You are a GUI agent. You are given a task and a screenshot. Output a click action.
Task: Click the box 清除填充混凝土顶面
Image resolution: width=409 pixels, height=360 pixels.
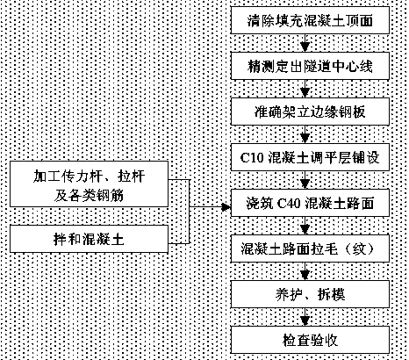310,20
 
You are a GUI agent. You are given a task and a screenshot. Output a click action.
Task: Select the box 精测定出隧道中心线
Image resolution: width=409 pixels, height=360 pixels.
310,66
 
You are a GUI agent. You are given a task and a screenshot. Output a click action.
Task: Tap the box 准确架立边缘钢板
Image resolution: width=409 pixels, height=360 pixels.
310,112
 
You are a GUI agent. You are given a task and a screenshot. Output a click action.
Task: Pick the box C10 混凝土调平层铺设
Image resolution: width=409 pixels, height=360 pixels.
310,157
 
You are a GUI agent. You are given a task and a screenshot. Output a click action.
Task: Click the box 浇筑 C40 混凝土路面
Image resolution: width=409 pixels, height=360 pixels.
310,203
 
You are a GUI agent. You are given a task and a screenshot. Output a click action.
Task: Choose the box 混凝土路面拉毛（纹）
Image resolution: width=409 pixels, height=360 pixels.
310,248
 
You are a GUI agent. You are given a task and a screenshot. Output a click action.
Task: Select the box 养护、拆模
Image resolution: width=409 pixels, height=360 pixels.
310,294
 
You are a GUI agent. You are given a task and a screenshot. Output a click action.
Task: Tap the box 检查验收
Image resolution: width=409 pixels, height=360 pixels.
310,340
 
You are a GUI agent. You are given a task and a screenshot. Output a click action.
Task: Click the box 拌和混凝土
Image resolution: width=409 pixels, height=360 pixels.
89,239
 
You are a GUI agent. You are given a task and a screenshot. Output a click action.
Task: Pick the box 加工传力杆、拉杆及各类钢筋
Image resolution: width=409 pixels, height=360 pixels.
89,184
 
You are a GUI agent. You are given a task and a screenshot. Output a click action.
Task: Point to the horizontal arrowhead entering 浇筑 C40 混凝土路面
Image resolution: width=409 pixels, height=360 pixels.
226,207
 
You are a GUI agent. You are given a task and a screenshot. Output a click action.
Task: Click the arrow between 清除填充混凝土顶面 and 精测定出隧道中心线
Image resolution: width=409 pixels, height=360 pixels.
305,43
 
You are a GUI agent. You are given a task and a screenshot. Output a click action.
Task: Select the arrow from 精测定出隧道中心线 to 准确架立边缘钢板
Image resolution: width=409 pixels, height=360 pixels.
305,89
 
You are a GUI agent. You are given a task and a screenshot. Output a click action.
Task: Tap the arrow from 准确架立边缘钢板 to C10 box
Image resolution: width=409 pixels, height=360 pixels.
305,134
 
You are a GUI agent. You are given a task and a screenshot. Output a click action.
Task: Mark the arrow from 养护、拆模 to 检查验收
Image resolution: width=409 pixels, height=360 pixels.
305,317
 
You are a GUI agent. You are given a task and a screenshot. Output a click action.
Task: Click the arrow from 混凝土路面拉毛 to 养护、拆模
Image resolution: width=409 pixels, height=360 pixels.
305,271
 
